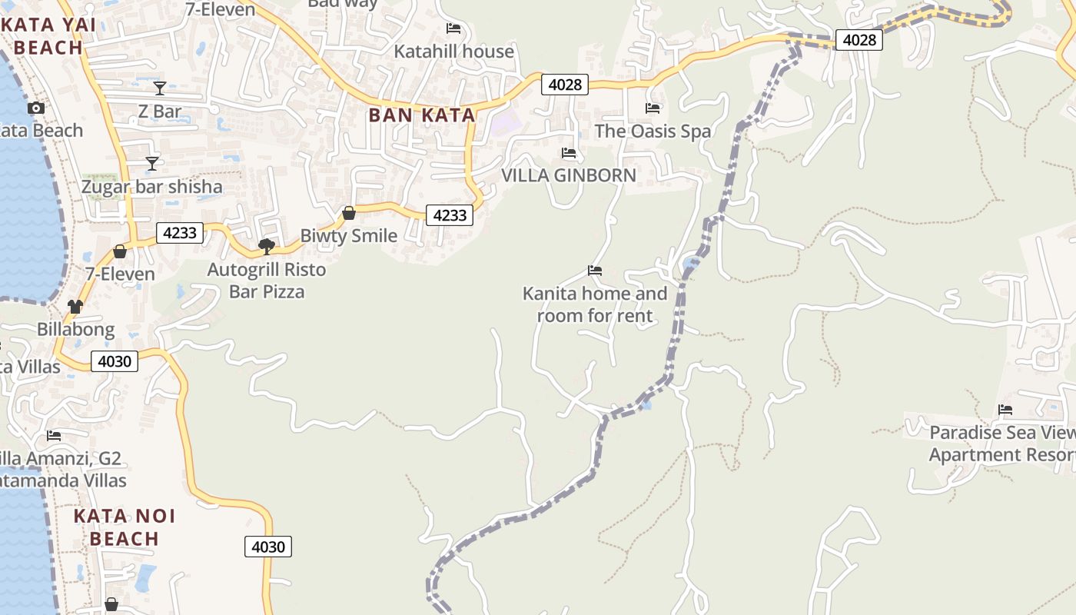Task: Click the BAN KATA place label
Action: [421, 115]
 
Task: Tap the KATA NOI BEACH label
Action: [125, 527]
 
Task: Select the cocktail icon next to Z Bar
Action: [160, 88]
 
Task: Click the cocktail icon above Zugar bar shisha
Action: [152, 164]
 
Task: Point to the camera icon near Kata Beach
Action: [35, 108]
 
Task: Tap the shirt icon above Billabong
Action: [75, 307]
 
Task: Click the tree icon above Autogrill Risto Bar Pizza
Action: [267, 247]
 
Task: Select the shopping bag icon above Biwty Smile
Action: [349, 213]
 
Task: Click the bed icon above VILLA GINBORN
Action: [569, 153]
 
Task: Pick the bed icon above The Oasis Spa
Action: [653, 108]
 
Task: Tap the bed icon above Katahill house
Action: [453, 28]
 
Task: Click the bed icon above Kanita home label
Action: [595, 271]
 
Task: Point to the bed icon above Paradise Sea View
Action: [1005, 410]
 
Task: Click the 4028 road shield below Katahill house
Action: [565, 85]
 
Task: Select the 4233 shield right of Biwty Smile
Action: [450, 215]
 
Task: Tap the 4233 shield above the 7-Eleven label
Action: [180, 233]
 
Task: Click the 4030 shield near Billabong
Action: [115, 361]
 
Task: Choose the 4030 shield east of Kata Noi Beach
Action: [268, 547]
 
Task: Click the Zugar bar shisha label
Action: [152, 187]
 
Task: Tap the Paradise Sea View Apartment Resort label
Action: [1002, 444]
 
